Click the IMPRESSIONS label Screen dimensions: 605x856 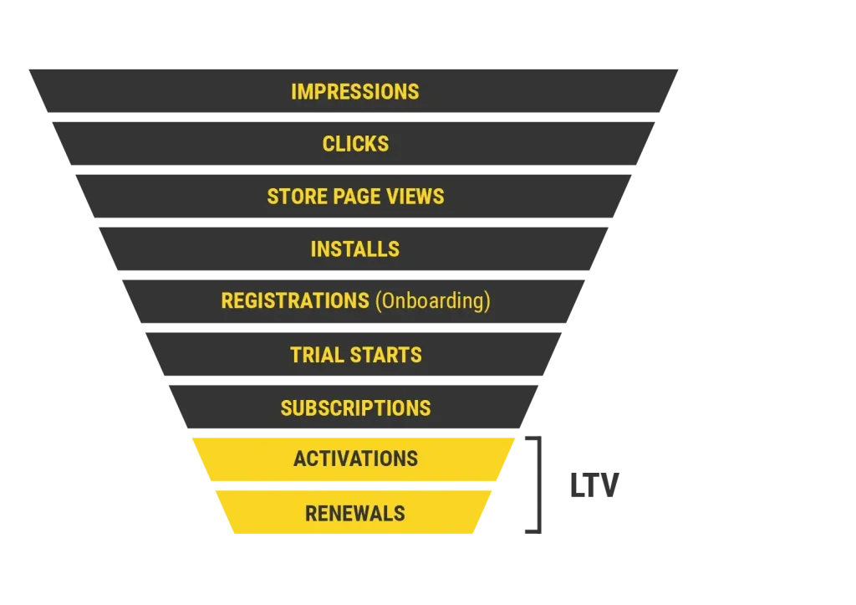pos(355,91)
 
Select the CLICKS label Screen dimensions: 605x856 pos(355,144)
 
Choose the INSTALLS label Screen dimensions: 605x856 pos(355,249)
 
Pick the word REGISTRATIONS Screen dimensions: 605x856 pos(294,301)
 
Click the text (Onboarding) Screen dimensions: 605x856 pos(432,301)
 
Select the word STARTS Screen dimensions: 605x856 pos(385,355)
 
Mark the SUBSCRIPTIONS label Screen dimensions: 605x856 pos(355,408)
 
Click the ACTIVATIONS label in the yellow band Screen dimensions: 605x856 pos(355,459)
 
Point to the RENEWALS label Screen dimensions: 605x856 pos(355,513)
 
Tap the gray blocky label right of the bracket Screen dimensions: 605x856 pos(594,486)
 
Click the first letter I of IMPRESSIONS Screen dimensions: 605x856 pos(293,91)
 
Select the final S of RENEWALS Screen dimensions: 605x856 pos(400,513)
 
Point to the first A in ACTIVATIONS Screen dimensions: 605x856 pos(299,459)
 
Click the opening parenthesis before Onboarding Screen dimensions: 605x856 pos(377,301)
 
